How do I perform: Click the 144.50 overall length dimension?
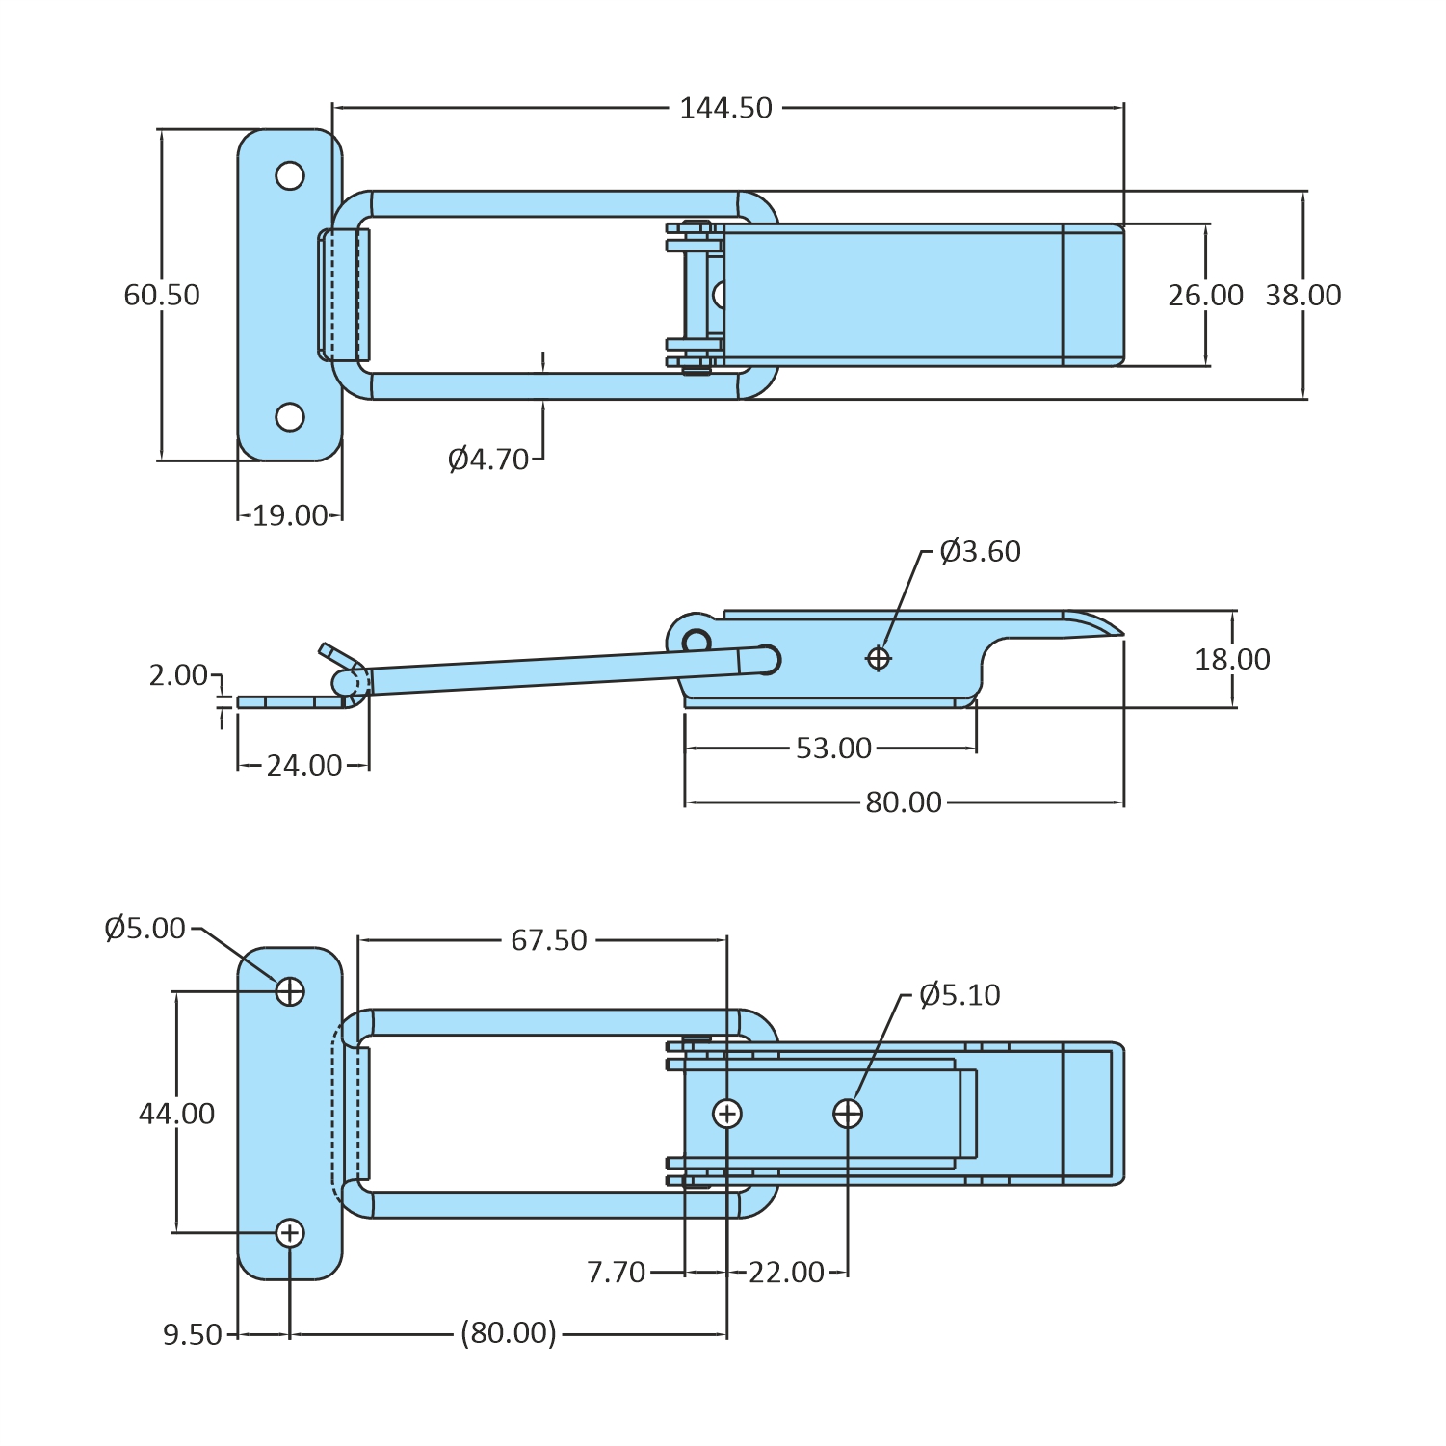coord(725,108)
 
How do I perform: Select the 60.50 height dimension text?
coord(162,295)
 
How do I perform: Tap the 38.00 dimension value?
coord(1302,296)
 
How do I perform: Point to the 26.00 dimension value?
coord(1205,296)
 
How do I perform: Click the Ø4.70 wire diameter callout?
coord(488,460)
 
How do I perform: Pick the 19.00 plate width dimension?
coord(290,515)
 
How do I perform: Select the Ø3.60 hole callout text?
coord(980,552)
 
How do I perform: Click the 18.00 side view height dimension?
coord(1232,660)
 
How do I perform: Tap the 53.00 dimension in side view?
coord(833,749)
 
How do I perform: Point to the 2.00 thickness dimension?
coord(178,675)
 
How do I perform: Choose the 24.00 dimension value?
coord(303,766)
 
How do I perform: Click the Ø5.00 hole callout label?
coord(145,929)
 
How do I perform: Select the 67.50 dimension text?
coord(548,940)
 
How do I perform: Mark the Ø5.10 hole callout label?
coord(960,995)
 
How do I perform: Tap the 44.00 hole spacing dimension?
coord(176,1115)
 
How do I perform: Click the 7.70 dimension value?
coord(616,1273)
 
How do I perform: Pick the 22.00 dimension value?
coord(786,1273)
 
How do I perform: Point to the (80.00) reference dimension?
coord(509,1333)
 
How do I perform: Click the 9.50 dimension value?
coord(193,1335)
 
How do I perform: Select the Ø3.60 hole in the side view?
coord(878,658)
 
